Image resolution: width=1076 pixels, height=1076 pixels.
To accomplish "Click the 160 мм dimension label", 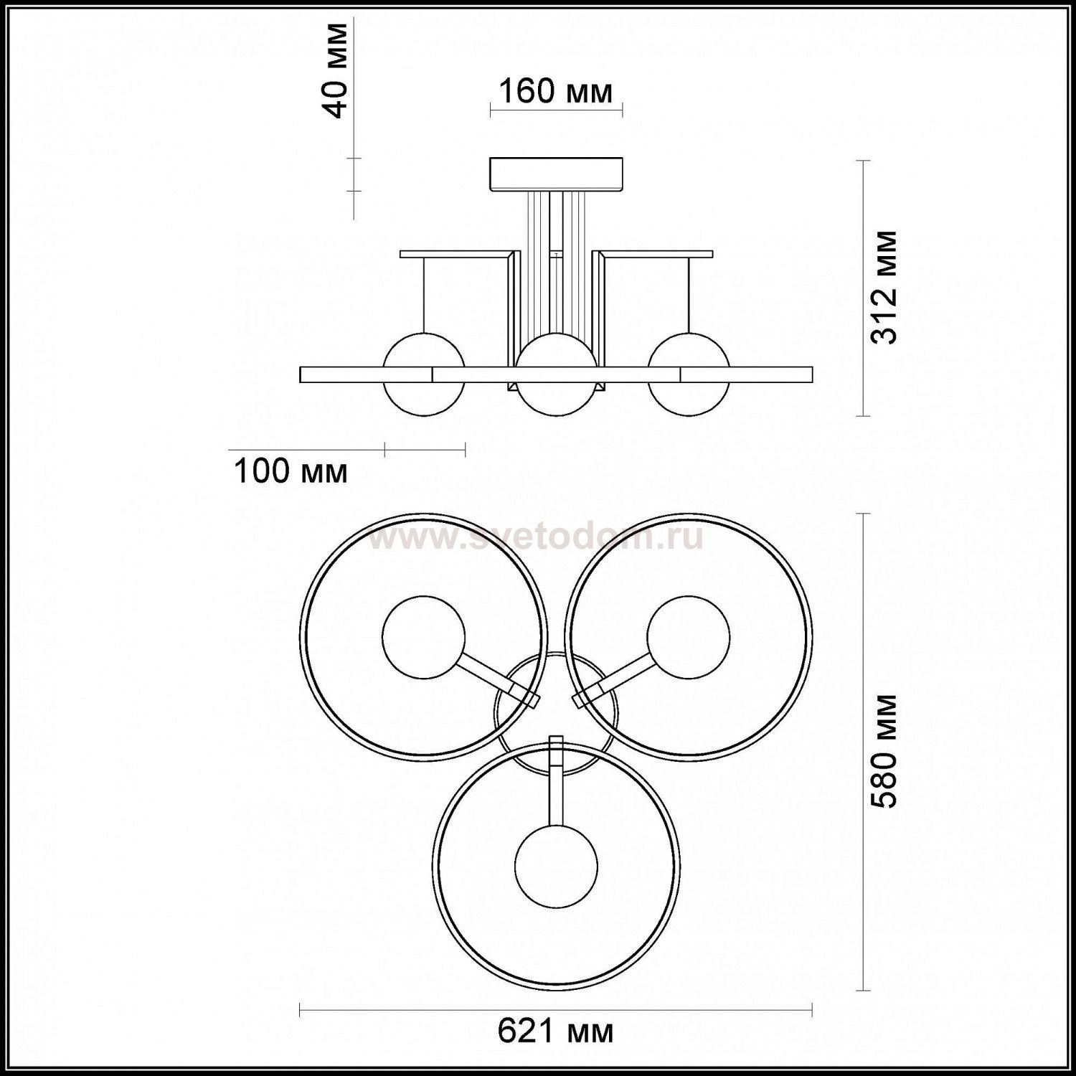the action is pos(556,92).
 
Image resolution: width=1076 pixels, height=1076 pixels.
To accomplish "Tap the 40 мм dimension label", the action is pos(335,70).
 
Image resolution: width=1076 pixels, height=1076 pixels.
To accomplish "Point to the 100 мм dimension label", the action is pos(291,471).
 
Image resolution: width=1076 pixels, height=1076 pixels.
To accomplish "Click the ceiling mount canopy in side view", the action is pos(557,175).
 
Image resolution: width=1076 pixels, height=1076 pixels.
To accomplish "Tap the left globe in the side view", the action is pos(424,374).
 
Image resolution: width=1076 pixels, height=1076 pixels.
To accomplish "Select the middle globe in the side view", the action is pos(557,374).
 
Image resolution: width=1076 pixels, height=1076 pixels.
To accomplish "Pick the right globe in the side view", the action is pos(689,374).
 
